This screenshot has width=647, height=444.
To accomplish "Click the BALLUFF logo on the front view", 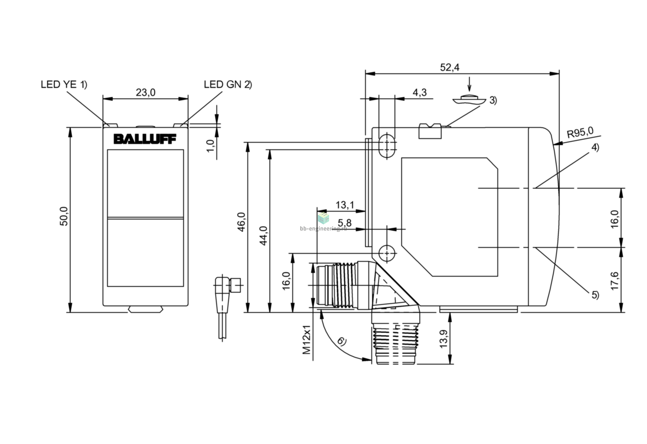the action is coord(145,139).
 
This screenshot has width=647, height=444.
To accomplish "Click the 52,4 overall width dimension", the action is coord(450,68).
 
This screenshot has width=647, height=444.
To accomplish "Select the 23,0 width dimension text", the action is coord(145,92).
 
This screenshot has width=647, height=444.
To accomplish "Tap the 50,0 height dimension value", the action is coord(64,216).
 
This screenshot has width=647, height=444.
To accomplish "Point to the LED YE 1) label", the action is coord(64,84).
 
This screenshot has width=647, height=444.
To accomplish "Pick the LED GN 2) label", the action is coord(228,84).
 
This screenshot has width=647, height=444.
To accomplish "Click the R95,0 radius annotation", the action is coord(580,133).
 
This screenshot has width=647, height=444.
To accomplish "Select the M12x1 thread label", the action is coord(306,339).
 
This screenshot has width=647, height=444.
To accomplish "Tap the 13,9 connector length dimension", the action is coord(444,339).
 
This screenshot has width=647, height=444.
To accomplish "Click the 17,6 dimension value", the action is coord(615,281).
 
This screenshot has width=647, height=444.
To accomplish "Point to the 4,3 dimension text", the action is coord(420,92).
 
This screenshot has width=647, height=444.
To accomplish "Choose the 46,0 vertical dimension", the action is coord(241,222).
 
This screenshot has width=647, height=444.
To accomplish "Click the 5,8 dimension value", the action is coord(345,223).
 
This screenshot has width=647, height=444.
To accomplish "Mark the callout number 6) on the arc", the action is coord(342,341).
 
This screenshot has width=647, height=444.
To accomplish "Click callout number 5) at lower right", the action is coord(595,295).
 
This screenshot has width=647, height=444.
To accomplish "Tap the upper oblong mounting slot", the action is coord(387,145).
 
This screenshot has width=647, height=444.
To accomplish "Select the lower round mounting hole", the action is coord(387,253).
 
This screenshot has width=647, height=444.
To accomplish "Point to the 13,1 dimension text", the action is coord(345,205).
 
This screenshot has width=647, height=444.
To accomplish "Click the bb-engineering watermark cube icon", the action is coord(323,218).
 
